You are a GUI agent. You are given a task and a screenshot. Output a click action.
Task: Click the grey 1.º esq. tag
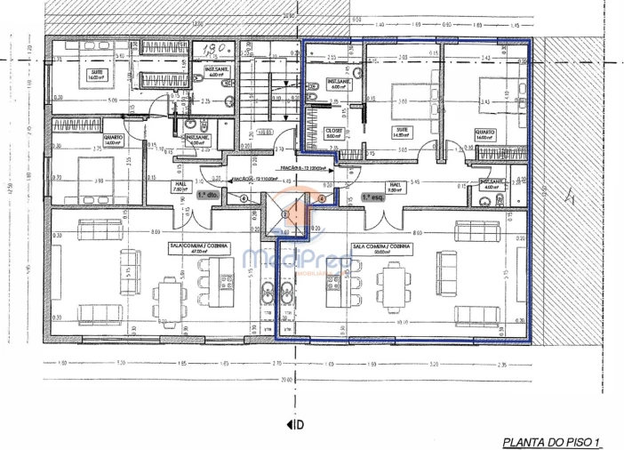coord(372,198)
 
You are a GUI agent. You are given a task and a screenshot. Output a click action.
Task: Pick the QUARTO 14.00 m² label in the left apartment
coord(113,141)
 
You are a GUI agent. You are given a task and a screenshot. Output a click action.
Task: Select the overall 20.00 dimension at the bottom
coord(284,380)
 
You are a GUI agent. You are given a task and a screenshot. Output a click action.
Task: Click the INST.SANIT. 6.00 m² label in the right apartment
coord(340,84)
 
